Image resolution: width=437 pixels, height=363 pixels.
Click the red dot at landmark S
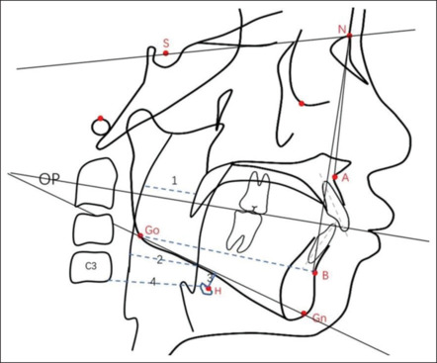click(166, 53)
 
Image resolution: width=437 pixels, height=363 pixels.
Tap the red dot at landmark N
click(349, 36)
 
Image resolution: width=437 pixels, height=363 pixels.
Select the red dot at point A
click(335, 177)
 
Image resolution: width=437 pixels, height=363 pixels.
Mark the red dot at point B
click(315, 273)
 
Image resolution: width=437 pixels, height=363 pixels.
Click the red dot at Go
click(140, 235)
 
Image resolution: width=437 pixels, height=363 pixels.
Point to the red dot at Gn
click(304, 313)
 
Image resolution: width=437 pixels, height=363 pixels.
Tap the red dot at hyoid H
click(209, 289)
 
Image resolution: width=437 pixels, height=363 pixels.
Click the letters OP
click(49, 179)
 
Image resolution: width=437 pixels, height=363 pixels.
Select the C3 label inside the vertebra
click(91, 266)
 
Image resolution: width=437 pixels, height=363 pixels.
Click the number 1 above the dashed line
click(174, 180)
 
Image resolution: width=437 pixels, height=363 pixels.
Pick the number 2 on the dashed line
click(160, 260)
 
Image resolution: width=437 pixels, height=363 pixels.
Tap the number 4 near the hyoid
click(152, 282)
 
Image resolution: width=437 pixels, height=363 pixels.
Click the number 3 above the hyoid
click(210, 278)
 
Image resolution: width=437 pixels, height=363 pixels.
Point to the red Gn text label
click(319, 318)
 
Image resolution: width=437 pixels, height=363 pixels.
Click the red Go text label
click(152, 230)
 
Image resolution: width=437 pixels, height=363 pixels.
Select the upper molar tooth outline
click(254, 192)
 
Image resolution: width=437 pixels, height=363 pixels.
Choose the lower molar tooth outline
click(244, 230)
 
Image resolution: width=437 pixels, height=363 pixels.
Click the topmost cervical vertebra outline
click(97, 183)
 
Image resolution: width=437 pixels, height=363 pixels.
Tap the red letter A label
click(345, 178)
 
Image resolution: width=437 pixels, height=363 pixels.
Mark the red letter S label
click(166, 43)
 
